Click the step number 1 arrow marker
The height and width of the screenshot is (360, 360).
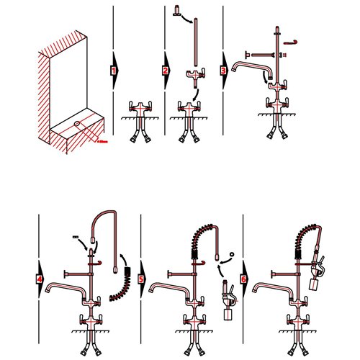pyautogui.click(x=114, y=71)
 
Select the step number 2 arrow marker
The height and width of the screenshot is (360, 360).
pyautogui.click(x=166, y=71)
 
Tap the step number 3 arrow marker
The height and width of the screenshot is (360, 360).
pyautogui.click(x=223, y=71)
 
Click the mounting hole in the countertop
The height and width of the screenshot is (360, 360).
pyautogui.click(x=75, y=124)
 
